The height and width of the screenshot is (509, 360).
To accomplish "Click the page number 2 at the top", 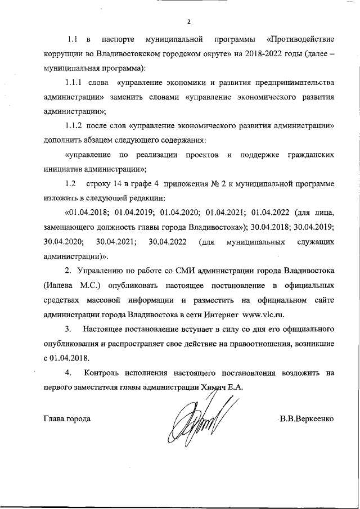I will tap(189, 22).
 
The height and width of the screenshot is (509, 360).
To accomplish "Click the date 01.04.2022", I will tap(272, 213).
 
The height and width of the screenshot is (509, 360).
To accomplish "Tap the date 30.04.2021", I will tap(115, 242).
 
